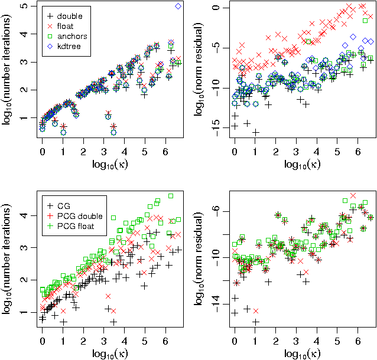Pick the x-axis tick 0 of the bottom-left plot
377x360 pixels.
42,341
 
